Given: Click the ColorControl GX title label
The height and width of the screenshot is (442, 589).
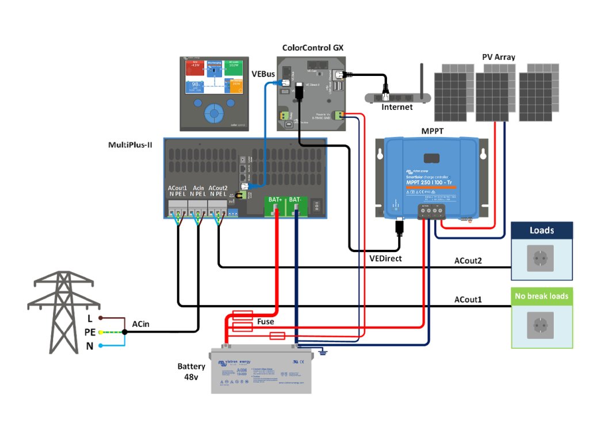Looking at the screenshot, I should (313, 48).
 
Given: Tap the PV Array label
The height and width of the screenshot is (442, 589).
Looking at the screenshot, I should (498, 58).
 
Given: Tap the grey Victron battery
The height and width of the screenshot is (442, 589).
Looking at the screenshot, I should (261, 371).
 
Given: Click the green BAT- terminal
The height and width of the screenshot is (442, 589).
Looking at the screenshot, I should (297, 204).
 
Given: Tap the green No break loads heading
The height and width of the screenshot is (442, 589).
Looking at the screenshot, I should (542, 296).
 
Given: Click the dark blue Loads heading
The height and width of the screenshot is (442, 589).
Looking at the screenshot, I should (542, 230).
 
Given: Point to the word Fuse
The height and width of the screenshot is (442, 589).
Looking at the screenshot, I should (266, 322).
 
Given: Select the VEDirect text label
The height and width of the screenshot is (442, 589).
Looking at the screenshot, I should (385, 259).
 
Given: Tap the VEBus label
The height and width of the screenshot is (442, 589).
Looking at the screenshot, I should (263, 74).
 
